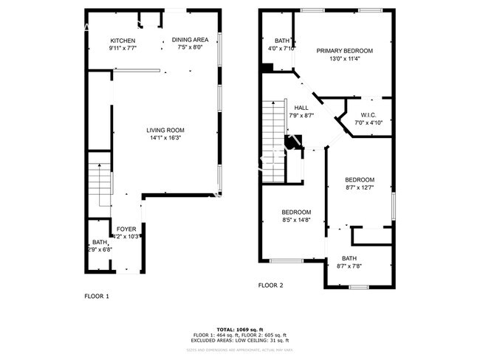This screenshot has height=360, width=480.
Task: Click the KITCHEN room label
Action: coord(123,40)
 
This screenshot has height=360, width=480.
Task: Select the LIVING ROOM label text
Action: coord(165,130)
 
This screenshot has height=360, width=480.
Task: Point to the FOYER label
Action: coord(127,229)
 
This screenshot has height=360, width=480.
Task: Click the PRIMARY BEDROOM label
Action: coord(345,51)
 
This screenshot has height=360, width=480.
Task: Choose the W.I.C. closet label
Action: coord(369,114)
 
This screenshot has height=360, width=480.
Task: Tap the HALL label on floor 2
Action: coord(301,108)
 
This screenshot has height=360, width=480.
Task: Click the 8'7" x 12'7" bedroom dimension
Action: coord(360,187)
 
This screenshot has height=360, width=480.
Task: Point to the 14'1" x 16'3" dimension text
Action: coord(165,137)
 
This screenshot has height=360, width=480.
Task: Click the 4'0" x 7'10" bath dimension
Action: coord(281,48)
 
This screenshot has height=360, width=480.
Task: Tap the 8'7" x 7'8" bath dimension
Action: coord(349,266)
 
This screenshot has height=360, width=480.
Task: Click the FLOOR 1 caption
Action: coord(97,296)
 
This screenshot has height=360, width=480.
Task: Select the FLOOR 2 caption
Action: coord(270,285)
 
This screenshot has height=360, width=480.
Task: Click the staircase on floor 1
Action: coord(98,185)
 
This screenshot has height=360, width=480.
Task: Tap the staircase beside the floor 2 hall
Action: coord(273,133)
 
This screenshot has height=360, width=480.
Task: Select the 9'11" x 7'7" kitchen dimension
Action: coord(123,47)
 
